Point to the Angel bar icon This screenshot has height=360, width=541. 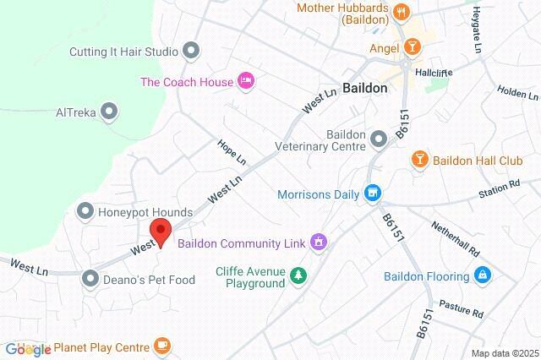click(x=412, y=47)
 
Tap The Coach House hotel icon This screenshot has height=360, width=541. click(x=246, y=81)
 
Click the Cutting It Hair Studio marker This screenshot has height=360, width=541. click(x=191, y=52)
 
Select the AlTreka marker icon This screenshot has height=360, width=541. click(x=108, y=111)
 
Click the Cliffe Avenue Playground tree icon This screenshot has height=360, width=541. click(x=298, y=275)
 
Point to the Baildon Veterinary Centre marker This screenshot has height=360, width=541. click(x=377, y=145)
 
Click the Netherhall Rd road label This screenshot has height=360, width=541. click(x=455, y=239)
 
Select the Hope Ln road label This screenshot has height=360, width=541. click(x=231, y=152)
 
